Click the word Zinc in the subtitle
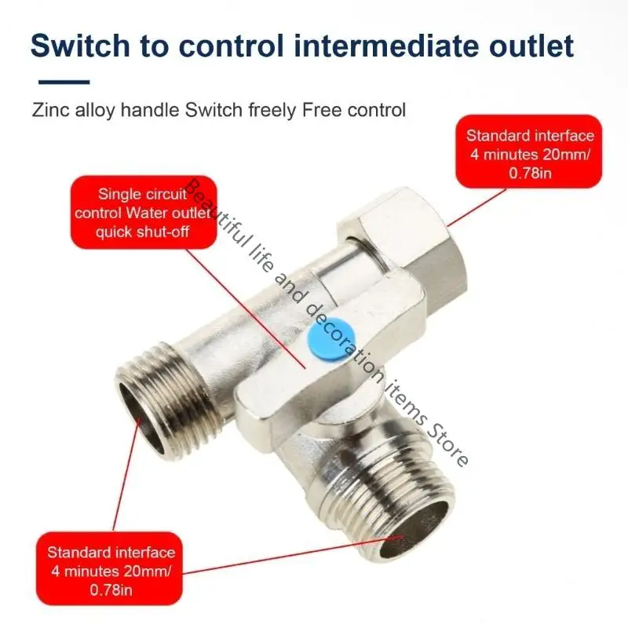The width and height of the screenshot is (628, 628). [48, 110]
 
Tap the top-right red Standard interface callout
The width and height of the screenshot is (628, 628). [530, 151]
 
